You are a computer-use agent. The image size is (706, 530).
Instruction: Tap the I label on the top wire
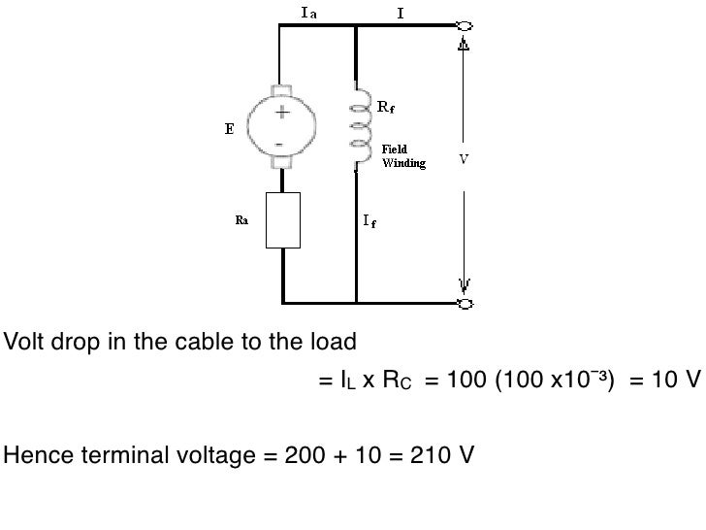(x=401, y=12)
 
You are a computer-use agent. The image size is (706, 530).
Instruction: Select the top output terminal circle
(x=465, y=26)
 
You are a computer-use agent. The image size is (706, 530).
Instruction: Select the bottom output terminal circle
(x=465, y=304)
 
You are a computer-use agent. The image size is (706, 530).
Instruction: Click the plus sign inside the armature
(x=282, y=113)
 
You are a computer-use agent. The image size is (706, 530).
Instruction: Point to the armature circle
(x=281, y=127)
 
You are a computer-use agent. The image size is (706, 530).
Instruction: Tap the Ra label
(x=242, y=220)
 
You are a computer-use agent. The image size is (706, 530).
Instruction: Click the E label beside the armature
(x=230, y=129)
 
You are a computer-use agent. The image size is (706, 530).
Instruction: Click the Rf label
(x=386, y=106)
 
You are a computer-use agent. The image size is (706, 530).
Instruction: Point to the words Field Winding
(x=401, y=157)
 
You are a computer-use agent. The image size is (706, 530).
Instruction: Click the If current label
(x=369, y=221)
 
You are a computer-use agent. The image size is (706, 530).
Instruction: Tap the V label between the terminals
(x=464, y=160)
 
